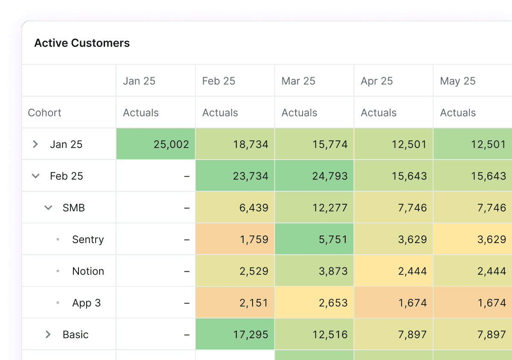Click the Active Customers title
click(82, 43)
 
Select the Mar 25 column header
click(298, 81)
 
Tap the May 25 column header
click(457, 81)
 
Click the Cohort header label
click(45, 113)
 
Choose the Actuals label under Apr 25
click(378, 113)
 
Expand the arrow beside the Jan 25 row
click(35, 144)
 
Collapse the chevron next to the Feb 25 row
click(36, 176)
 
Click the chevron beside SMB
click(49, 208)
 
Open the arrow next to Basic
click(48, 334)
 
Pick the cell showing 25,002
click(171, 144)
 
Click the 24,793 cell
click(330, 176)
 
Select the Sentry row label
click(88, 239)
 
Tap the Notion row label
click(88, 271)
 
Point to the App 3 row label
click(87, 303)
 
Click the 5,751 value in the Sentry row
click(333, 239)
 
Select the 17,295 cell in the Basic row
click(250, 334)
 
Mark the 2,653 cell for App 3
click(333, 303)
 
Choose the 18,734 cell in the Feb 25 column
click(250, 144)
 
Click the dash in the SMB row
click(186, 208)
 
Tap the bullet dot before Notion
click(58, 271)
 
